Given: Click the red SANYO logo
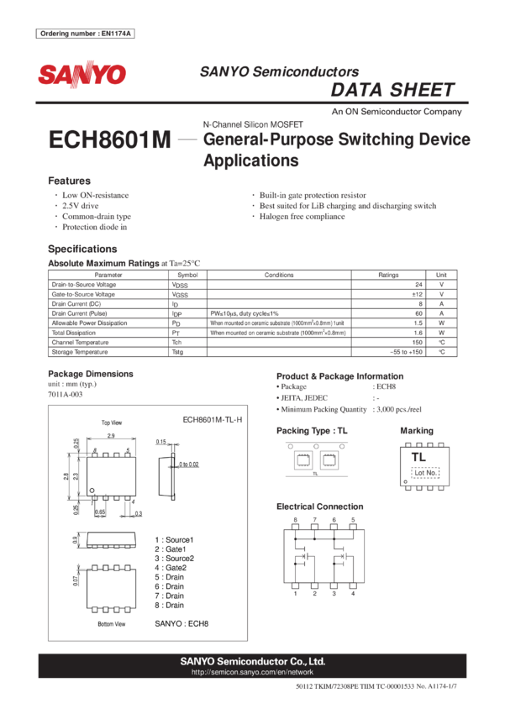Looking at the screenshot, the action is pos(82,75).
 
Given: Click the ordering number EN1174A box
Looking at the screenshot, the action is pos(87,34).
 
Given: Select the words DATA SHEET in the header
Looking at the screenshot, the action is pos(392,90).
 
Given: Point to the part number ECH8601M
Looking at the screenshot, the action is pos(110,140).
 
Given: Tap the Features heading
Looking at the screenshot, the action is pos(69,181).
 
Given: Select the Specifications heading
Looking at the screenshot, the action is pos(82,249).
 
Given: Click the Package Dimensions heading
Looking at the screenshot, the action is pos(91,374).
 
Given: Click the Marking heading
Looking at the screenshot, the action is pos(416,430).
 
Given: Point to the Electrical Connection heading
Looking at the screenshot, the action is pos(320,507).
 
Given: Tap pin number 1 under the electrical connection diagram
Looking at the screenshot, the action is pos(295,593).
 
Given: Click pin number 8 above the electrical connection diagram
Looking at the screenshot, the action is pos(295,520).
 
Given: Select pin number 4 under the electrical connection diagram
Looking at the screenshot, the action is pos(353,593).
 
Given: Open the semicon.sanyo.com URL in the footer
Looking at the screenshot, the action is pos(252,672).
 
